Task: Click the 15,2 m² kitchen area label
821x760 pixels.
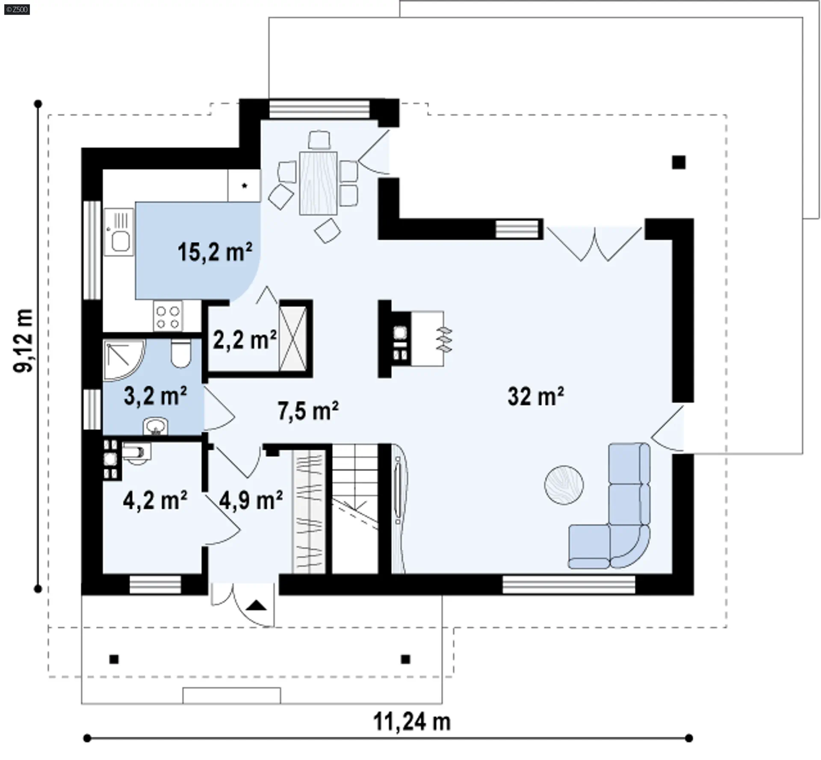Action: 215,252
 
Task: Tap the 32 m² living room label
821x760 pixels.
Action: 536,396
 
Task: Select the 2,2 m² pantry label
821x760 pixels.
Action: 245,340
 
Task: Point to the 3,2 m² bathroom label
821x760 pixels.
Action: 155,396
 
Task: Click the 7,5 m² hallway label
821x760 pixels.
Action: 308,411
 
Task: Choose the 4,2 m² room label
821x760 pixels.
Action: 155,500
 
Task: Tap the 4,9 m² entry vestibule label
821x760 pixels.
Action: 251,500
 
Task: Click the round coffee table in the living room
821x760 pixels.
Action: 564,485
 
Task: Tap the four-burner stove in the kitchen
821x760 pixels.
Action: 168,316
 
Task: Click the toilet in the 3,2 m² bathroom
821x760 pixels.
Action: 181,353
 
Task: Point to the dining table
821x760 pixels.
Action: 318,183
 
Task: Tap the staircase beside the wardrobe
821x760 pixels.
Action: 355,509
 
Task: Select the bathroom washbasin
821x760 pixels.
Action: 155,426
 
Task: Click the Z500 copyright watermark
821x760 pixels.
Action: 17,9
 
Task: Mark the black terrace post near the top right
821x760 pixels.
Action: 679,162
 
